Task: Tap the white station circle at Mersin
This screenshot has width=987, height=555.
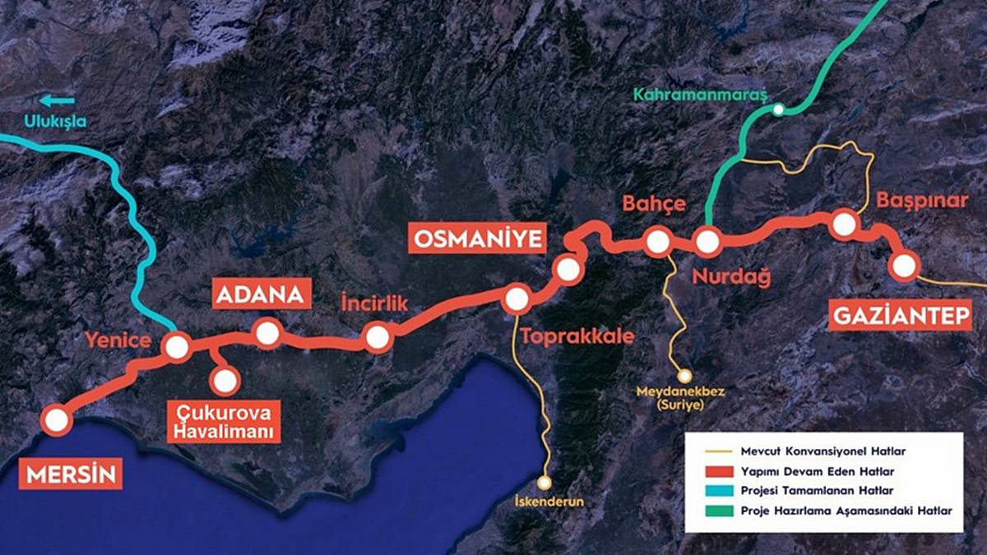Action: click(56, 421)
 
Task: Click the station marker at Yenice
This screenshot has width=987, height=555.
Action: click(177, 347)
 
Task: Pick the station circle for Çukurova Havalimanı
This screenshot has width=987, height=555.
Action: click(225, 381)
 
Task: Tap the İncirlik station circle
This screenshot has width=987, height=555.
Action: click(378, 337)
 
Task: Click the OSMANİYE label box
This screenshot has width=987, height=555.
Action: click(478, 239)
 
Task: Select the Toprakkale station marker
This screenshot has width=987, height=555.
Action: click(517, 300)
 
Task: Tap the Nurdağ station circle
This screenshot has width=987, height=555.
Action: click(707, 242)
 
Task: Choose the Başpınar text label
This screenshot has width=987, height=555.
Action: click(920, 200)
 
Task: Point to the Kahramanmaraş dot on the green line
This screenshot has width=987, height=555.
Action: click(777, 109)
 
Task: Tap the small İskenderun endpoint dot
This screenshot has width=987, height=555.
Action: click(544, 483)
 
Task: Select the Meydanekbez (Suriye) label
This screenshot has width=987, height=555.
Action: click(680, 398)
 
